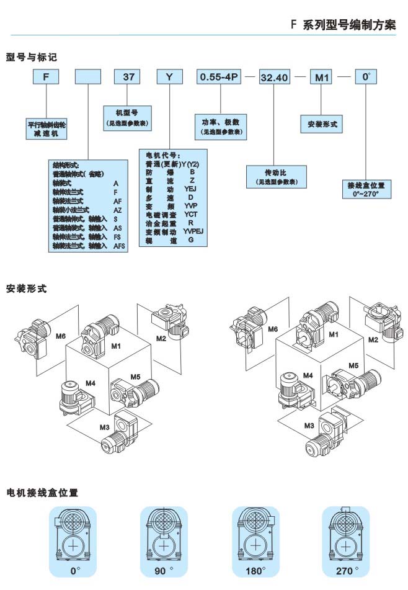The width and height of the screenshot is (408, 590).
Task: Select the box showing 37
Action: pyautogui.click(x=127, y=78)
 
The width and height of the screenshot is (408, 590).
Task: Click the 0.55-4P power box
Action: pyautogui.click(x=219, y=78)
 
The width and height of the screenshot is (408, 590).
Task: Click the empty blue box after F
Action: pyautogui.click(x=87, y=78)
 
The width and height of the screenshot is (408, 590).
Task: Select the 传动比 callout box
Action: pyautogui.click(x=273, y=176)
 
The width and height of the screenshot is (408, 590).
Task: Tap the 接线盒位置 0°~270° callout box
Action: pyautogui.click(x=365, y=189)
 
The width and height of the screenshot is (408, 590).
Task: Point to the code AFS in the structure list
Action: pyautogui.click(x=119, y=246)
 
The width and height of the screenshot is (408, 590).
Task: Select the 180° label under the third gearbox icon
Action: pyautogui.click(x=255, y=570)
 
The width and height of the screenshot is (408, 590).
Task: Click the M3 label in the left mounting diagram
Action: pyautogui.click(x=104, y=427)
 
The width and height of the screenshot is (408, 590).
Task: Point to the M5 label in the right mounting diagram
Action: pyautogui.click(x=353, y=365)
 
